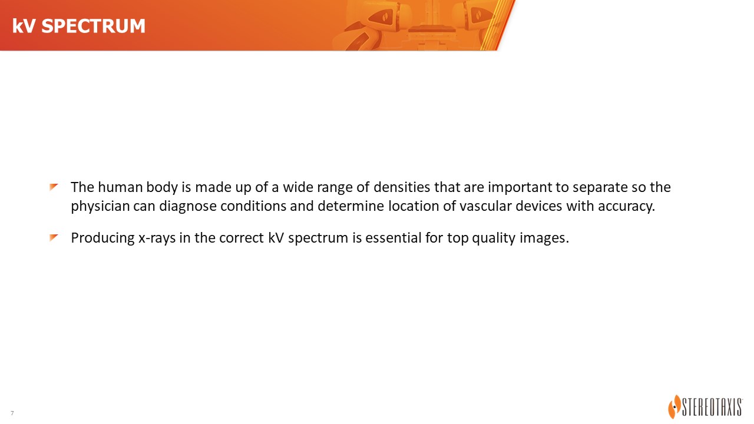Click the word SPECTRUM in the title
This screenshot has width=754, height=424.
pos(93,26)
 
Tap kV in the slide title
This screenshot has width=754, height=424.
pos(24,26)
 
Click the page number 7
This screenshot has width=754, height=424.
pos(12,413)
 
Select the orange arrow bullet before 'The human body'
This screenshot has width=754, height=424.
pos(54,187)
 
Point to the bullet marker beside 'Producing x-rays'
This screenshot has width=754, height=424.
pos(54,238)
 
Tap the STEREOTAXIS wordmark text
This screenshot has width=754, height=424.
pos(712,408)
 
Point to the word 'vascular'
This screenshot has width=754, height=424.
pos(486,206)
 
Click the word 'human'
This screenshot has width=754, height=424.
pos(120,187)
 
